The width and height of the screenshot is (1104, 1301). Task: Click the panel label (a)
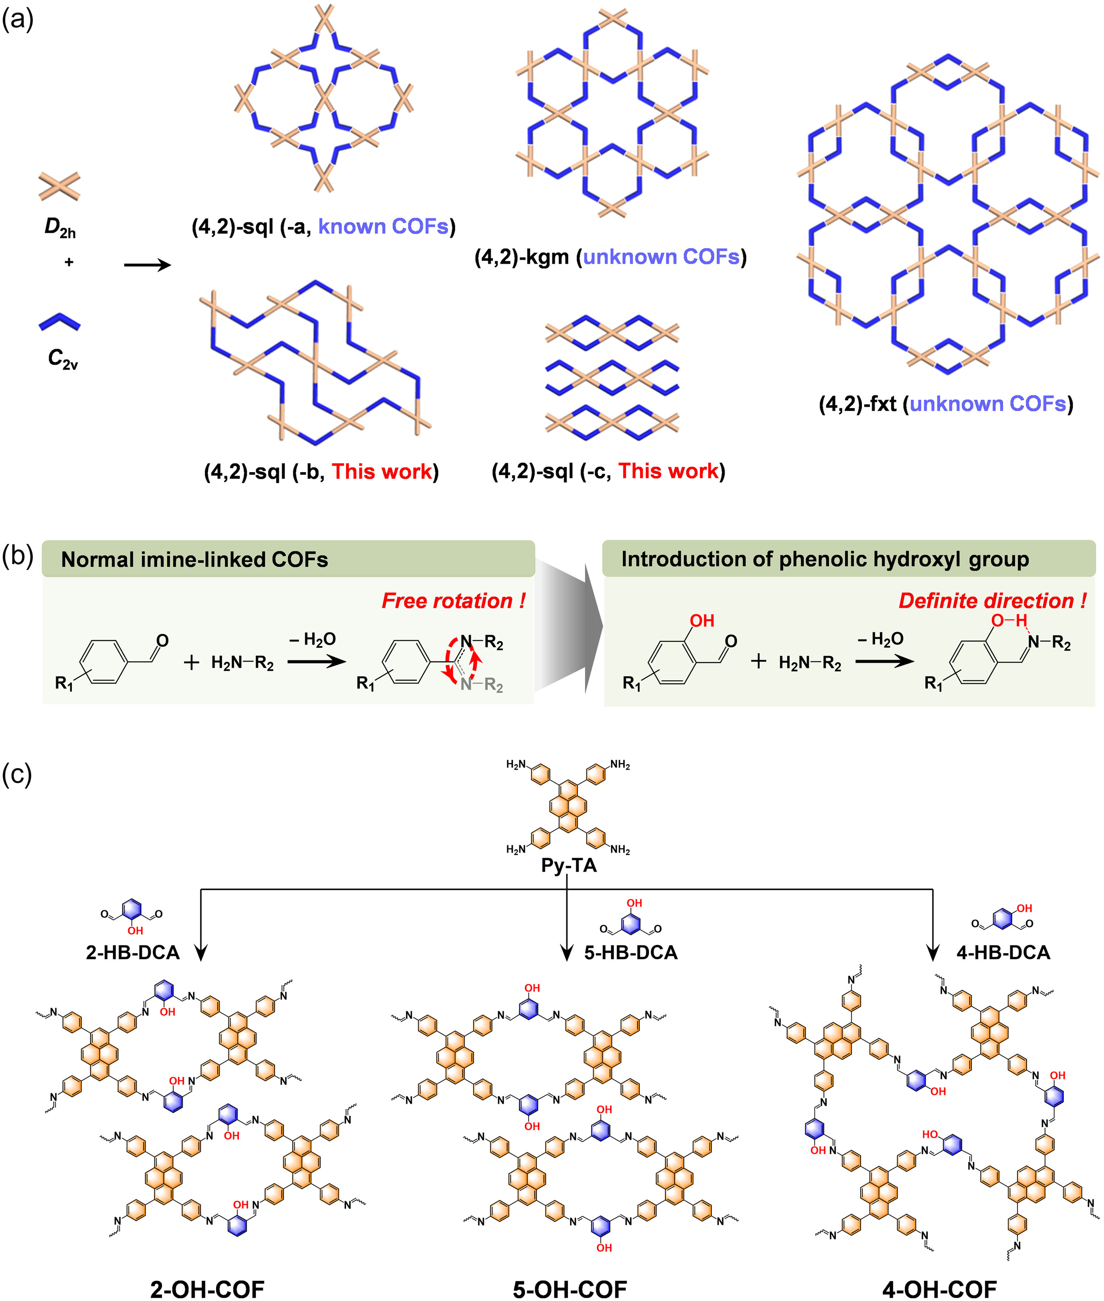(x=17, y=20)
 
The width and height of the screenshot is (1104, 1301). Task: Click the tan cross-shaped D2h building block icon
(x=60, y=186)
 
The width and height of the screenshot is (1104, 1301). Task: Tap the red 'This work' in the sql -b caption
(x=382, y=472)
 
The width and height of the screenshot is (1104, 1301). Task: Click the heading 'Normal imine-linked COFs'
(x=194, y=559)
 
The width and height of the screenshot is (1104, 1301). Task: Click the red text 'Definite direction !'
(x=992, y=601)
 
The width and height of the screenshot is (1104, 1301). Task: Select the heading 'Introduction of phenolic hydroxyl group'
(x=825, y=559)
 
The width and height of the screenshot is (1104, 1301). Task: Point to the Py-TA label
(x=568, y=866)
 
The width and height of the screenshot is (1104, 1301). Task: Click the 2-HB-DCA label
(x=133, y=952)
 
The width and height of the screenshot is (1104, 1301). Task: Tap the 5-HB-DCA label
(x=630, y=952)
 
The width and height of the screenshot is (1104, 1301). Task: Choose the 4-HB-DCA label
(x=1002, y=952)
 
